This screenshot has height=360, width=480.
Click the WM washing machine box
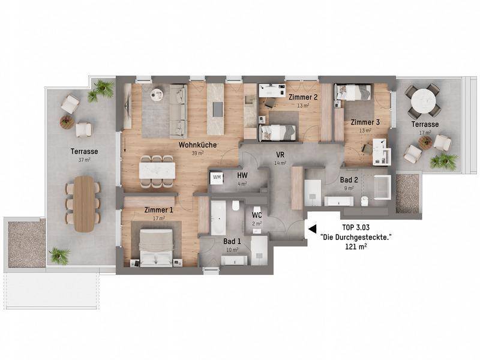click(x=217, y=178)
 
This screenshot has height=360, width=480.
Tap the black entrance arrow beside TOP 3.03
click(x=312, y=229)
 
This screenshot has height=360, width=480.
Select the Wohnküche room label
click(x=197, y=145)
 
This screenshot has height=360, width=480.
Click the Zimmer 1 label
click(x=158, y=210)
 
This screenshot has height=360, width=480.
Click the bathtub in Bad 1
click(x=218, y=217)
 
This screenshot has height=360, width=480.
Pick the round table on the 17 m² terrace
click(x=424, y=101)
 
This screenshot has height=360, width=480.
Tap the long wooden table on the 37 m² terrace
click(x=84, y=203)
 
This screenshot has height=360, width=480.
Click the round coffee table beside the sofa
click(x=157, y=94)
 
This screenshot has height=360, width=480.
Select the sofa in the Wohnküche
click(x=178, y=111)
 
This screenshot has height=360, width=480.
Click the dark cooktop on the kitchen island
click(x=218, y=109)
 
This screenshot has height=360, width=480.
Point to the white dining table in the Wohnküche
click(x=157, y=170)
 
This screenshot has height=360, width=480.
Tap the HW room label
click(x=242, y=175)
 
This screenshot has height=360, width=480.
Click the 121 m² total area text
click(x=356, y=247)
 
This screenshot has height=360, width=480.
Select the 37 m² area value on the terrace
click(x=84, y=159)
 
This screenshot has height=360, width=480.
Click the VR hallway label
click(x=280, y=155)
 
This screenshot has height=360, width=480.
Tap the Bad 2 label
click(x=349, y=180)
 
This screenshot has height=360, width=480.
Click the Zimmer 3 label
click(x=365, y=122)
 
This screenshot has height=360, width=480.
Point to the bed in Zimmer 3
click(x=352, y=92)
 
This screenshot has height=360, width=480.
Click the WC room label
click(x=257, y=215)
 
